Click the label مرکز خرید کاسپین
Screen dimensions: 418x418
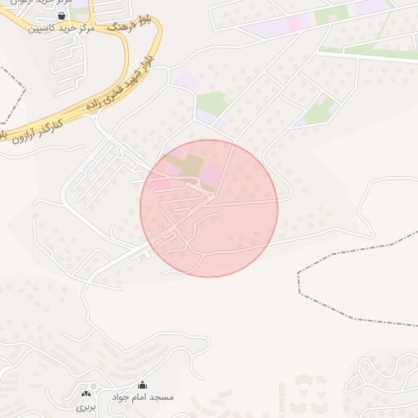(62, 28)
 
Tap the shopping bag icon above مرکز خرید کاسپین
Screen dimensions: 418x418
(62, 16)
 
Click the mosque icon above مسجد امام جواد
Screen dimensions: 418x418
(143, 385)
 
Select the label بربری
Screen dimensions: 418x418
(87, 406)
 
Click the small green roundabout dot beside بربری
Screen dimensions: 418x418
(94, 386)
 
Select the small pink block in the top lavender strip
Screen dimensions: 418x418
(293, 23)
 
